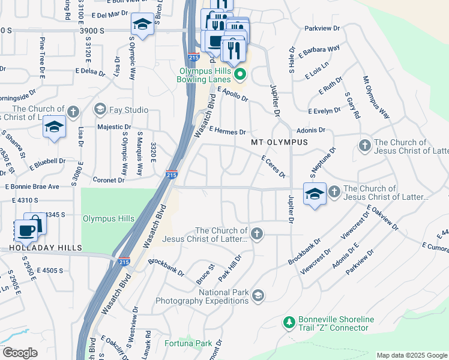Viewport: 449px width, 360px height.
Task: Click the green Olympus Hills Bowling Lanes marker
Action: pos(240,75)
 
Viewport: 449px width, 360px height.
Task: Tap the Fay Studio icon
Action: pos(100,109)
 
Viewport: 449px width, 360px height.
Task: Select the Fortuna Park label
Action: pos(188,344)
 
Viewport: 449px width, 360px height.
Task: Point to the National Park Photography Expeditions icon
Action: pos(258,295)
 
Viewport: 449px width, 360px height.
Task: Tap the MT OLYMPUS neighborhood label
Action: pos(279,142)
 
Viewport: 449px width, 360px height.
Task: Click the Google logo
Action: pos(19,353)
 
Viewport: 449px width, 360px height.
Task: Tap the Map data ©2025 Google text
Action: pos(411,355)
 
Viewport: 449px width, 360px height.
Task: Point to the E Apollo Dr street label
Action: pos(233,94)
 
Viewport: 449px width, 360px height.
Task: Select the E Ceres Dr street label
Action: pos(273,166)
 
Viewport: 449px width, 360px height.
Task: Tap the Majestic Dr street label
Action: pos(114,127)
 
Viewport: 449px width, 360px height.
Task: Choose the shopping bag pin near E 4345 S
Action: pos(35,223)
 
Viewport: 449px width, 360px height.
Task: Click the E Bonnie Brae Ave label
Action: pos(32,187)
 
